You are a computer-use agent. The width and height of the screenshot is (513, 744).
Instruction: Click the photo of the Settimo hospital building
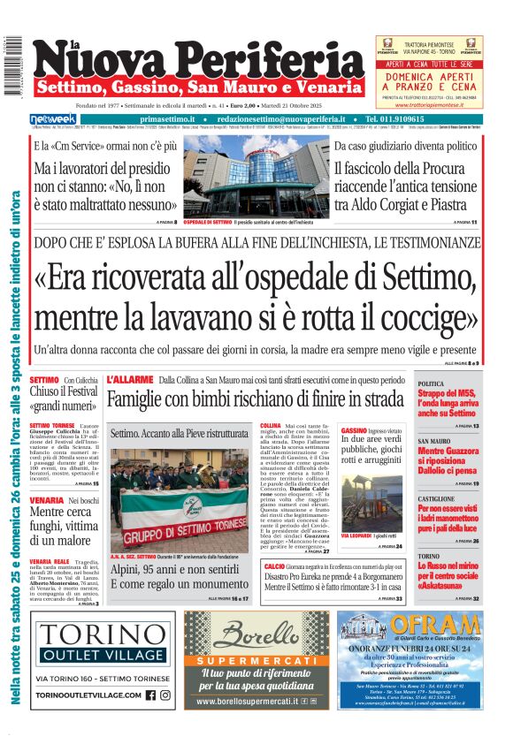point(256,177)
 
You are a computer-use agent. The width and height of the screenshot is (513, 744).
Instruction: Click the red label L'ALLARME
point(129,379)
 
